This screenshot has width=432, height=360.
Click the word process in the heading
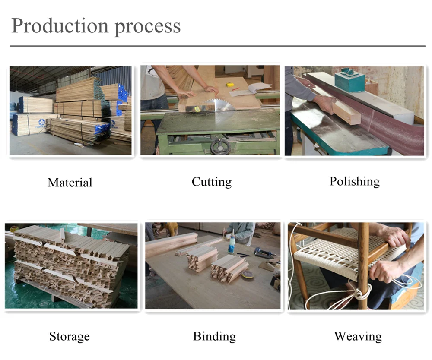147,27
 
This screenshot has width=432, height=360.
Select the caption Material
70,182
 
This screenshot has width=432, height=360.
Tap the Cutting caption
212,182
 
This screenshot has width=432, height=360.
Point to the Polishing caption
355,181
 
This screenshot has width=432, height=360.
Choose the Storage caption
70,336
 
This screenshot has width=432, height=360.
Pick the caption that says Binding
214,336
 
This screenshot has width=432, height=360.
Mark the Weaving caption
358,336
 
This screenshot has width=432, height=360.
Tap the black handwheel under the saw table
220,147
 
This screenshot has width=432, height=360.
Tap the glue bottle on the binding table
232,244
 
